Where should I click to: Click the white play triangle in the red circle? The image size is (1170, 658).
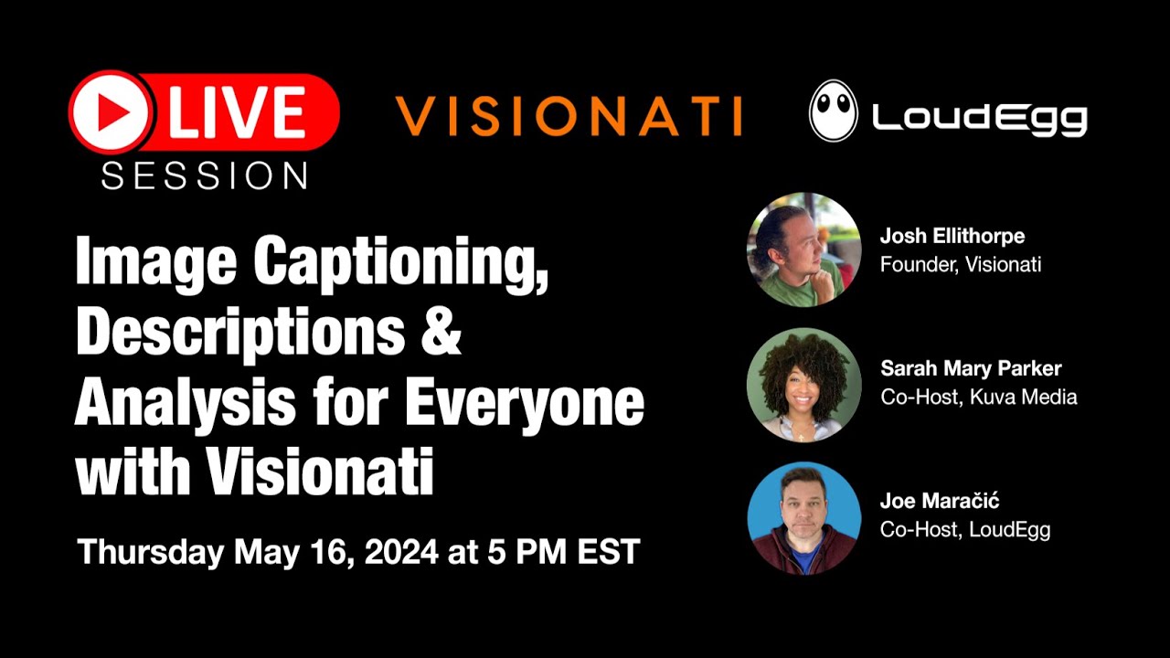click(x=113, y=112)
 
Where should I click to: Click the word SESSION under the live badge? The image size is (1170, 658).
click(x=204, y=175)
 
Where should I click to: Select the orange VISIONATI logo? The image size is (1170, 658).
click(x=569, y=116)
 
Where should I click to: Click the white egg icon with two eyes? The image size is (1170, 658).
click(x=833, y=111)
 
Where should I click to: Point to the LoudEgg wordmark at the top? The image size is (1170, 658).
click(x=979, y=117)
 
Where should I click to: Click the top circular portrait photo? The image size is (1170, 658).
click(x=804, y=249)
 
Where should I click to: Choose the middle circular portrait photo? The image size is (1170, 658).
click(x=804, y=384)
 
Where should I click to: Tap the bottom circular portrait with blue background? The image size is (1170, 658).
click(x=804, y=517)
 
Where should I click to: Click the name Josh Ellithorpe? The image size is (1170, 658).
click(x=952, y=236)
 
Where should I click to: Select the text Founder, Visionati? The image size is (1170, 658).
click(x=961, y=265)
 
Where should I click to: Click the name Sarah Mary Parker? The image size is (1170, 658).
click(x=971, y=369)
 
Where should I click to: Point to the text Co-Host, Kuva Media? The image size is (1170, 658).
click(x=979, y=398)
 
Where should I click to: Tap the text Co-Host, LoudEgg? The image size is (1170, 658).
click(x=965, y=530)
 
